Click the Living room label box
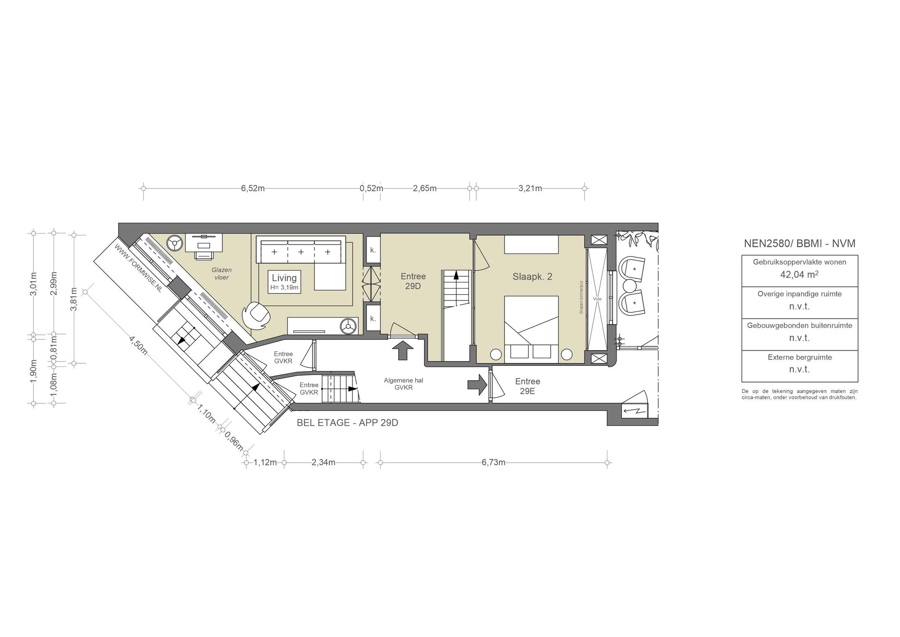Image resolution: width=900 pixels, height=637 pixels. pyautogui.click(x=284, y=282)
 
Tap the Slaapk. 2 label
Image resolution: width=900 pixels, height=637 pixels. pyautogui.click(x=532, y=277)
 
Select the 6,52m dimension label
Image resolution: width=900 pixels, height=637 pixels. pyautogui.click(x=253, y=189)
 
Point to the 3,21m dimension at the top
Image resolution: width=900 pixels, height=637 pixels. pyautogui.click(x=530, y=189)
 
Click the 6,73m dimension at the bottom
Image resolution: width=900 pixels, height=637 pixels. pyautogui.click(x=494, y=462)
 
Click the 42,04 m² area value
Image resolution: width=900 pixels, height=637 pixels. pyautogui.click(x=799, y=275)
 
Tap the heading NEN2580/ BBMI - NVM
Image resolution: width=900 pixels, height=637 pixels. pyautogui.click(x=799, y=244)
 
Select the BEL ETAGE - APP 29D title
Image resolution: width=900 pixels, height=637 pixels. pyautogui.click(x=348, y=423)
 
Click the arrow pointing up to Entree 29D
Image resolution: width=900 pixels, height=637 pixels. pyautogui.click(x=402, y=351)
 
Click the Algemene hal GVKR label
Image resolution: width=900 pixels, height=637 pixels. pyautogui.click(x=403, y=384)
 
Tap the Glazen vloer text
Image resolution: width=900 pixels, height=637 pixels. pyautogui.click(x=221, y=274)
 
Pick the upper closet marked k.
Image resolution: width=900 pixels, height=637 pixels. pyautogui.click(x=373, y=250)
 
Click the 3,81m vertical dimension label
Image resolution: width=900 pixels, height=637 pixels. pyautogui.click(x=74, y=299)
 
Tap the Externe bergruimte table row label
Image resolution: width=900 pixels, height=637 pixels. pyautogui.click(x=800, y=358)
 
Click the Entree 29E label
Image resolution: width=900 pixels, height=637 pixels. pyautogui.click(x=527, y=386)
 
